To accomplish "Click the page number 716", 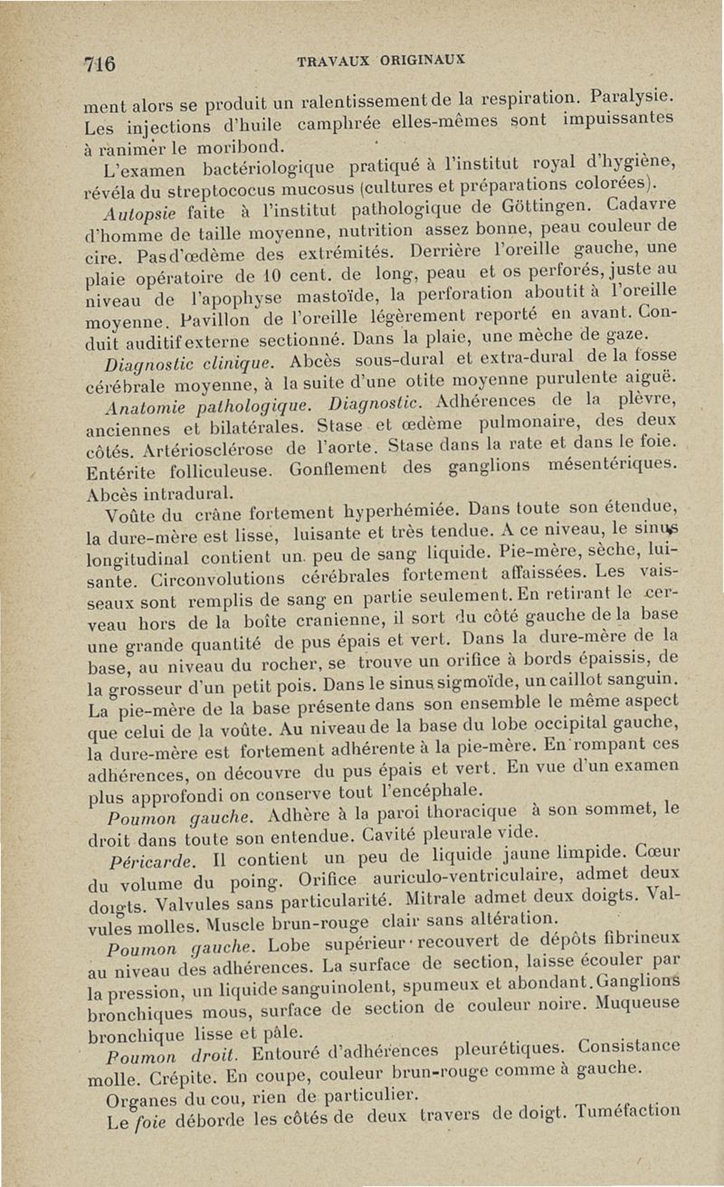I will pos(99,65).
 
